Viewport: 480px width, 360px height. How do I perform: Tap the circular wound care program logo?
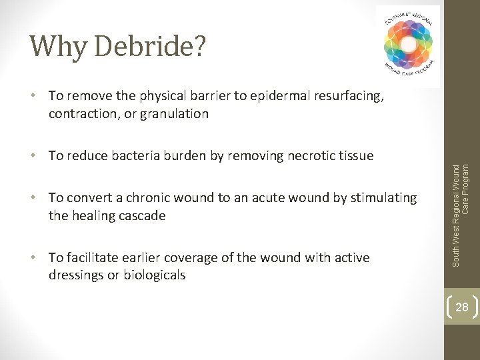408,45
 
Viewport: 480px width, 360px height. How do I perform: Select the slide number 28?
461,307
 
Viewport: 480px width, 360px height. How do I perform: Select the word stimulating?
383,198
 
